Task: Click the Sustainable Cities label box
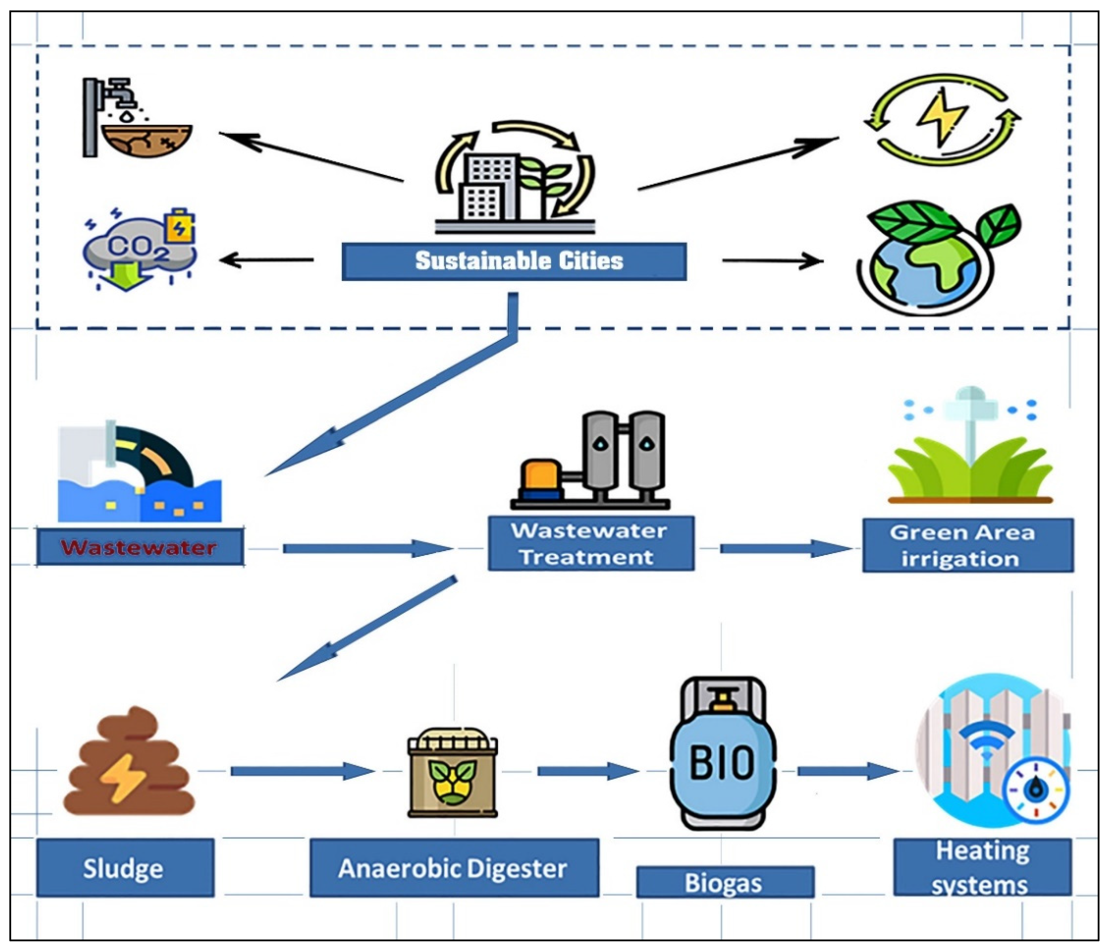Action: (x=514, y=261)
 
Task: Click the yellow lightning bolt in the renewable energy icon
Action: (x=942, y=118)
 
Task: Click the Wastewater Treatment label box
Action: (x=590, y=543)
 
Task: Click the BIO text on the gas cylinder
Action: (x=722, y=762)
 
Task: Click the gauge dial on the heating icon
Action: (x=1035, y=791)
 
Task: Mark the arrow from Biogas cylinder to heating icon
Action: (x=847, y=771)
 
